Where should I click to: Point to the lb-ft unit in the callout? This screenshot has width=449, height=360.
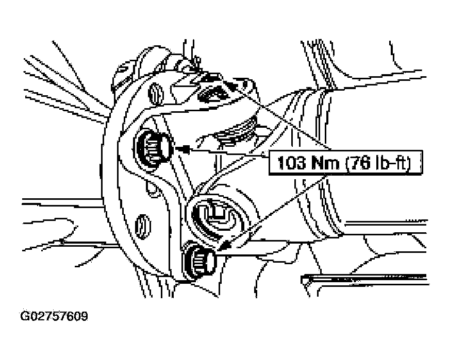[x=391, y=163]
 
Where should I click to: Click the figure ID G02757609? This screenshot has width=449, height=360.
[x=54, y=316]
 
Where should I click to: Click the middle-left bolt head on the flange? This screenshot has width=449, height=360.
[x=154, y=148]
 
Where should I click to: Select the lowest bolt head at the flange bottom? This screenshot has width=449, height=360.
[x=200, y=261]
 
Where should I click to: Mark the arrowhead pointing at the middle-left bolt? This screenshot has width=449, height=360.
[x=182, y=149]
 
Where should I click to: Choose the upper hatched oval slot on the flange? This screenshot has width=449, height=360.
[x=156, y=93]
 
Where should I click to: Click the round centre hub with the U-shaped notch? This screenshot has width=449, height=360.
[x=215, y=216]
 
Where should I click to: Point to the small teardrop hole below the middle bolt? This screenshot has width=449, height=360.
[x=151, y=188]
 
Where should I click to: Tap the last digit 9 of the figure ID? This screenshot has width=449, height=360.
[x=84, y=316]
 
